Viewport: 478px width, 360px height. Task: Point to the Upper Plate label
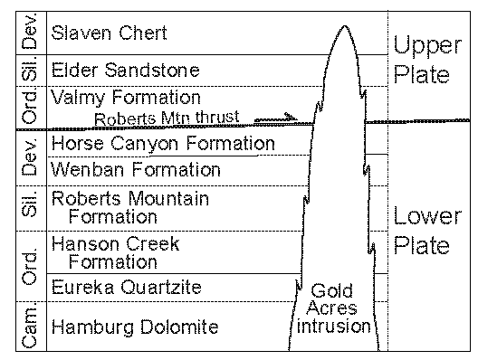click(x=419, y=59)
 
